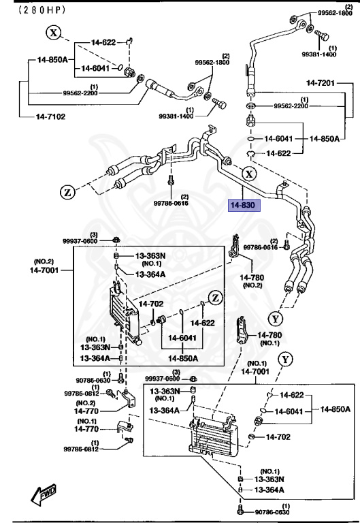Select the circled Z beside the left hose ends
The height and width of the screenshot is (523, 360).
pyautogui.click(x=68, y=193)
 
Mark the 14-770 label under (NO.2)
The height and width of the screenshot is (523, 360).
pyautogui.click(x=86, y=412)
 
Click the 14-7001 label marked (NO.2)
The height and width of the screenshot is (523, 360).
pyautogui.click(x=45, y=270)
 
